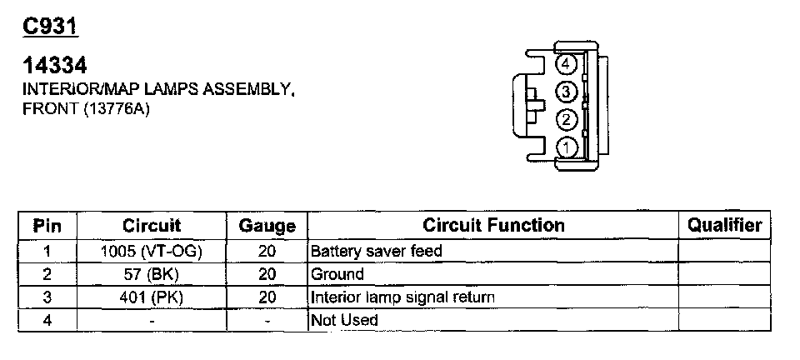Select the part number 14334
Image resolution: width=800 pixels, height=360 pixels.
pyautogui.click(x=54, y=65)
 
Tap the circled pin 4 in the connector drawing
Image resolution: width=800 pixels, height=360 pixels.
pyautogui.click(x=567, y=64)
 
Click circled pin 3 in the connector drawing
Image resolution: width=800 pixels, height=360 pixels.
pyautogui.click(x=567, y=92)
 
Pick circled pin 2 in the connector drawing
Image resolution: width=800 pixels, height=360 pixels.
pyautogui.click(x=567, y=119)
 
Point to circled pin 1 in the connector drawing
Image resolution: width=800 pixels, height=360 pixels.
pyautogui.click(x=567, y=147)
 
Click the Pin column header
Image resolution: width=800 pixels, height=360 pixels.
pyautogui.click(x=47, y=226)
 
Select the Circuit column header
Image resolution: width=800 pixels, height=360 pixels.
pyautogui.click(x=152, y=226)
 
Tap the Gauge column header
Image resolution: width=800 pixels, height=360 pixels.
pyautogui.click(x=267, y=226)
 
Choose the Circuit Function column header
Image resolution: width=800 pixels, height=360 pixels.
pyautogui.click(x=493, y=225)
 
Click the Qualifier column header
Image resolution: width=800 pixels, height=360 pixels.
pyautogui.click(x=724, y=225)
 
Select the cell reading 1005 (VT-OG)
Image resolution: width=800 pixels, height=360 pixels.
pyautogui.click(x=152, y=250)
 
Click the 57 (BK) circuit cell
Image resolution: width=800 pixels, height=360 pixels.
pyautogui.click(x=152, y=273)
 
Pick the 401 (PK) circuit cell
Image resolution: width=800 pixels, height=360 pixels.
pyautogui.click(x=152, y=297)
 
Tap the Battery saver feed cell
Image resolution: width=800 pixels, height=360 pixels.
pyautogui.click(x=376, y=250)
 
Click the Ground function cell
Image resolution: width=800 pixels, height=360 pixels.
pyautogui.click(x=337, y=273)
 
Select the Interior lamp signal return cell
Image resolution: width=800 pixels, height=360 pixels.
pyautogui.click(x=402, y=297)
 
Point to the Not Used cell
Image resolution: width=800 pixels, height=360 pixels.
pyautogui.click(x=344, y=320)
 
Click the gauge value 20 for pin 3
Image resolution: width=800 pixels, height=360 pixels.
pyautogui.click(x=267, y=297)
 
